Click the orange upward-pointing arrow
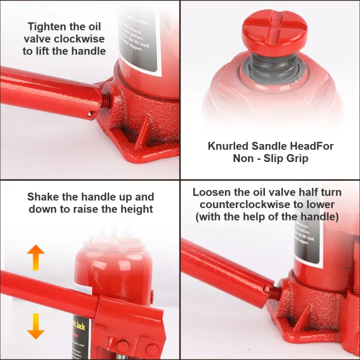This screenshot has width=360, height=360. (35, 258)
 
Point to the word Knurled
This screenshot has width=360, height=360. (227, 146)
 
